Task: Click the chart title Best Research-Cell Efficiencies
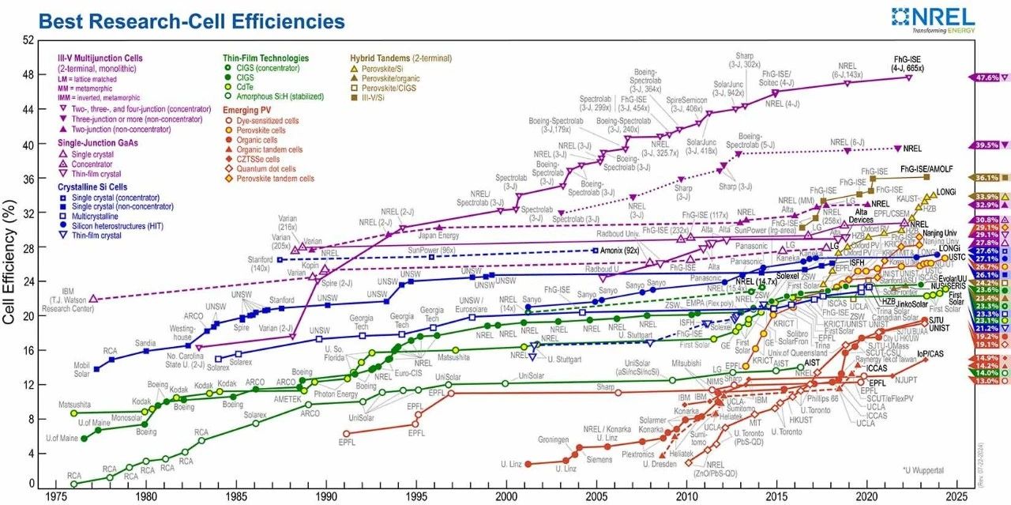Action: point(192,21)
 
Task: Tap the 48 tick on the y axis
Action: point(28,75)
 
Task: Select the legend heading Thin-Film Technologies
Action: point(265,58)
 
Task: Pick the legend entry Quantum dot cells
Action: point(265,168)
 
